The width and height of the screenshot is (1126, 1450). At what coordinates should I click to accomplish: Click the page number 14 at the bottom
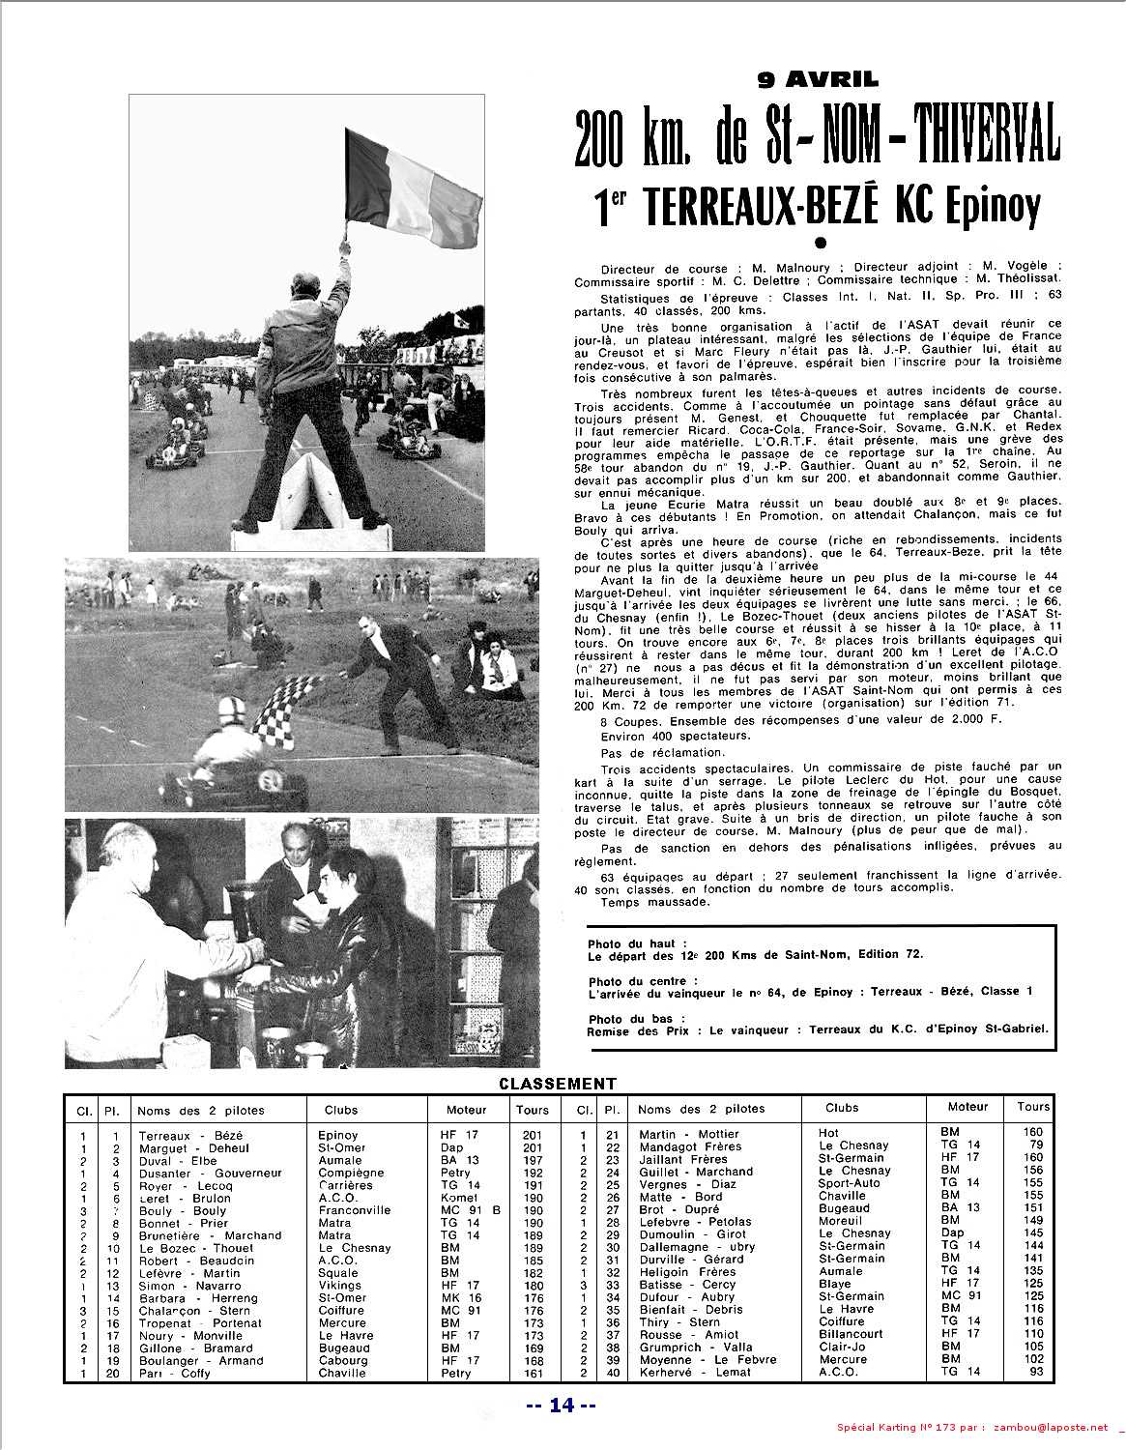point(562,1406)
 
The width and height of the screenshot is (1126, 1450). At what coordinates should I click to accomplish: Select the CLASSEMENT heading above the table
point(557,1085)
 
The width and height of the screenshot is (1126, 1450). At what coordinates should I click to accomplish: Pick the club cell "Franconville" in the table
point(354,1210)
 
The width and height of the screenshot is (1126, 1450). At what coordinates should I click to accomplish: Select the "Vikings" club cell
point(339,1286)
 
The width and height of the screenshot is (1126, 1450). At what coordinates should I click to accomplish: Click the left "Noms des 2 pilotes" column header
point(200,1111)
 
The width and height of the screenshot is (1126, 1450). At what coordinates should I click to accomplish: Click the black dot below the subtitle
point(821,243)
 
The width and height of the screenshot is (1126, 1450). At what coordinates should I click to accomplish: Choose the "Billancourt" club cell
point(851,1333)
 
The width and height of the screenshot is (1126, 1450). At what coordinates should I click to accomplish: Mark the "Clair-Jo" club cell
point(842,1346)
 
